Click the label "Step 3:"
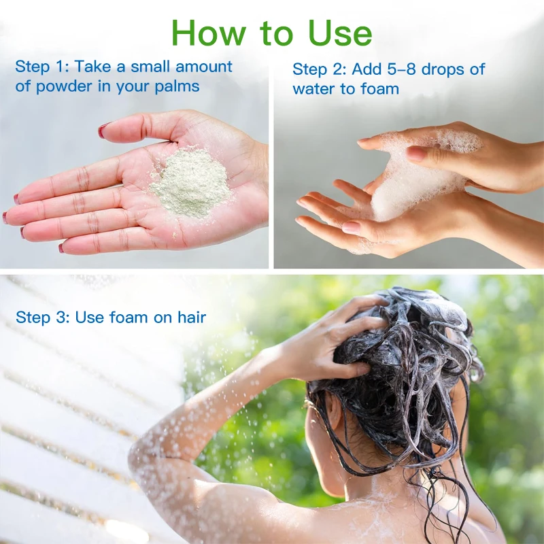point(43,317)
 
